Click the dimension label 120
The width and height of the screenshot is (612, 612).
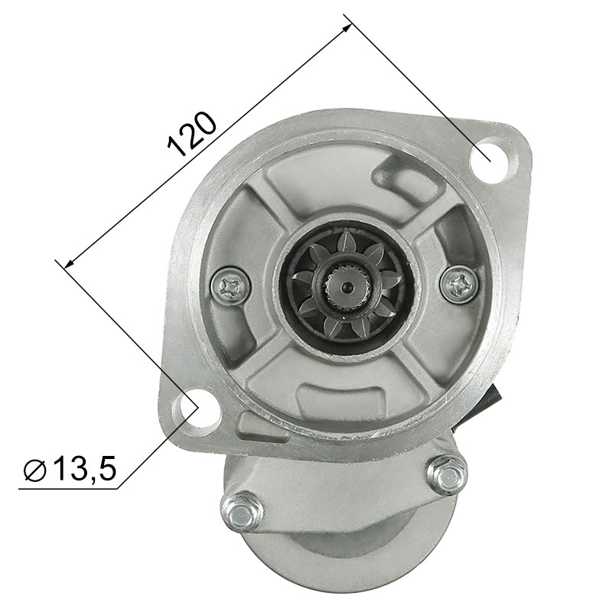point(191,134)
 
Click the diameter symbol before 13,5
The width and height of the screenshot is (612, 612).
point(35,470)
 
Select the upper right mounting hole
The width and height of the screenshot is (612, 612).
point(492,159)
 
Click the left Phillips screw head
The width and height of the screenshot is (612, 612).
point(230,288)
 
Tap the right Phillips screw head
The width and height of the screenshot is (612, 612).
point(459,284)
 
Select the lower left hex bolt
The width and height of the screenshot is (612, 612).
point(242,511)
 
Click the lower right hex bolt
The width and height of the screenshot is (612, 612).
point(448,475)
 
